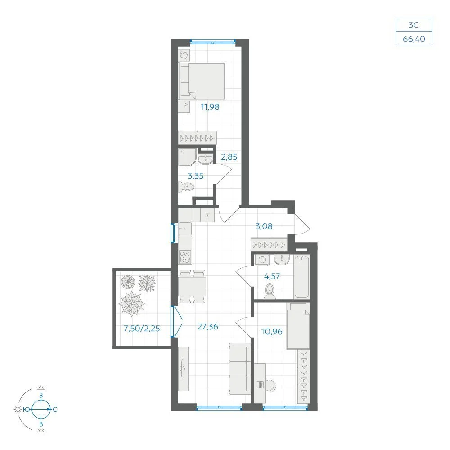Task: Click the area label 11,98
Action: pos(210,107)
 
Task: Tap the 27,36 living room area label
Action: pos(208,327)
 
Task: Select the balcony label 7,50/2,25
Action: pos(142,328)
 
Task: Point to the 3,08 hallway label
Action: pos(264,226)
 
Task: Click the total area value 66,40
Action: pos(414,39)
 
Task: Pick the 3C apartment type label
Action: pos(414,25)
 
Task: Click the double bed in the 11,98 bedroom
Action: pos(202,81)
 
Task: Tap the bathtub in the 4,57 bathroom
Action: pos(301,277)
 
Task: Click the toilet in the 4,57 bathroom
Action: pos(270,292)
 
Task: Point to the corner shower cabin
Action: pos(187,157)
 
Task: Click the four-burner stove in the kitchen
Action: pos(185,257)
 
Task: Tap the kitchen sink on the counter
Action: pos(185,229)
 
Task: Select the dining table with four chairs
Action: pos(192,286)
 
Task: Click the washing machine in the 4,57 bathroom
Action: pos(262,260)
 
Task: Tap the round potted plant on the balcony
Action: pos(128,282)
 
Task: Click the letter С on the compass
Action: pos(55,409)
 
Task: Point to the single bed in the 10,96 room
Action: pos(298,326)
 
